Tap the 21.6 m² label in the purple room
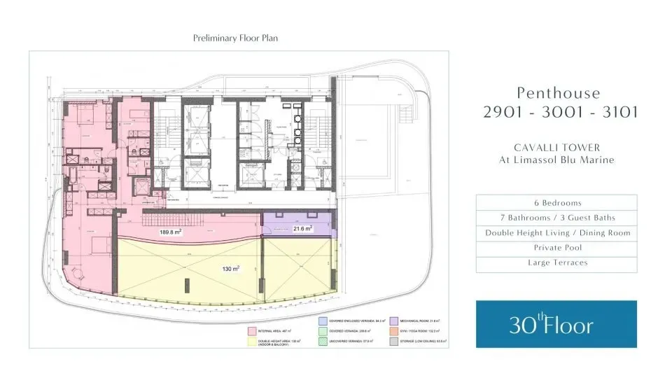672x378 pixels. click(302, 228)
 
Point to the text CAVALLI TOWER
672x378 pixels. click(556, 147)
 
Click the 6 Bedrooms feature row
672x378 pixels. click(556, 202)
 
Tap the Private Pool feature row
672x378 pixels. click(556, 248)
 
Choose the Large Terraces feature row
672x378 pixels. click(556, 262)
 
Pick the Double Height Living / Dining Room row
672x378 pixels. click(556, 233)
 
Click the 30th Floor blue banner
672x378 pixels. click(556, 324)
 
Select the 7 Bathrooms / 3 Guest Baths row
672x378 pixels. click(556, 218)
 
